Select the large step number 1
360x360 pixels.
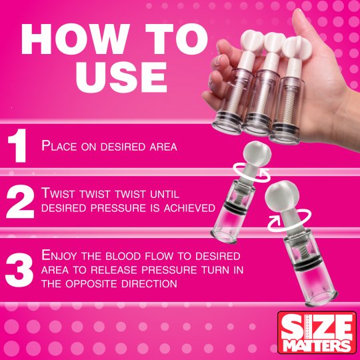point(18,147)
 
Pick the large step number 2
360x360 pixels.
point(19,201)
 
